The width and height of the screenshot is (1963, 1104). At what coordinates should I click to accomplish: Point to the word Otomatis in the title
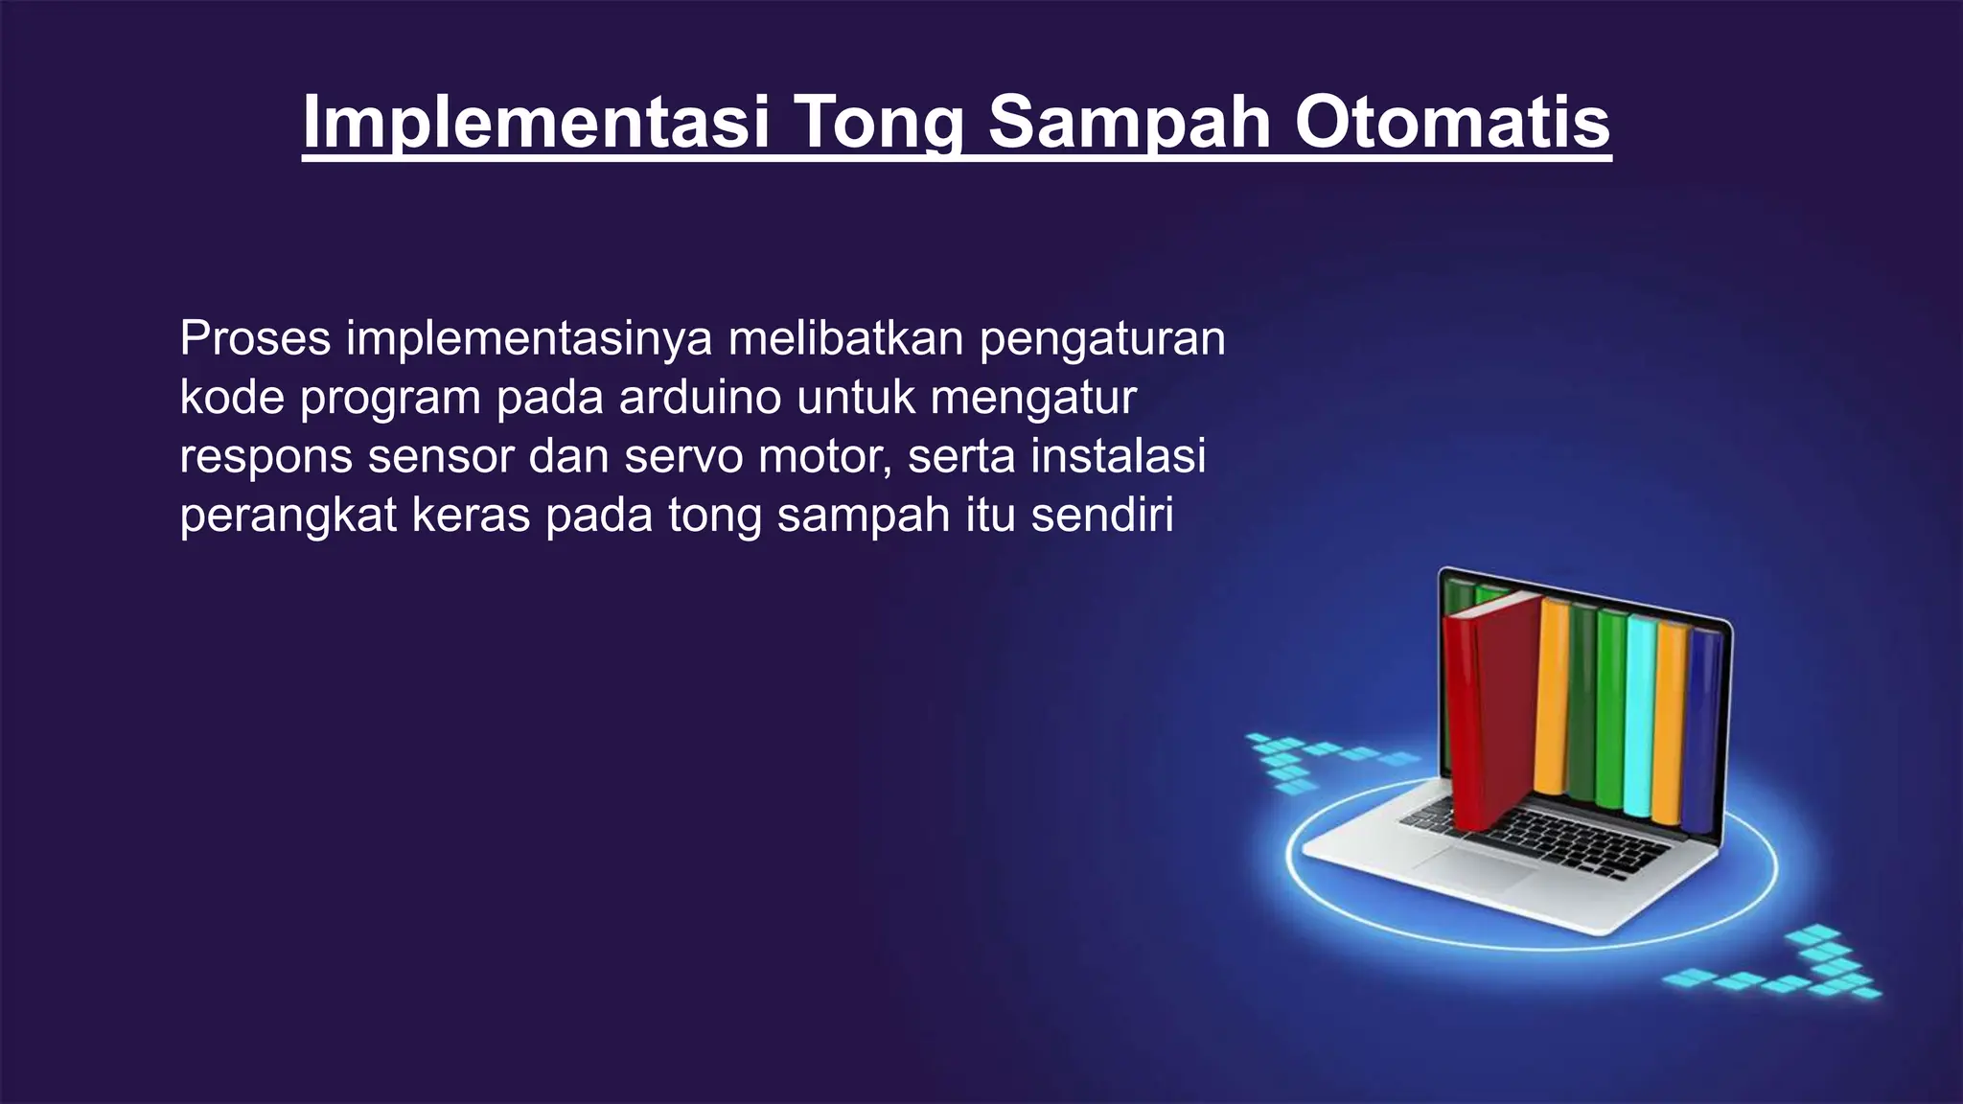[1452, 123]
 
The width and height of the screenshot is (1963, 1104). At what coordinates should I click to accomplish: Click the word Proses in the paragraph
[255, 338]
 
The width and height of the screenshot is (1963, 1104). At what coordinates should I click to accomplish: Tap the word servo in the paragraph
[683, 456]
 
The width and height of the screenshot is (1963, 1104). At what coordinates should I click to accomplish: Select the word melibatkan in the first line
[845, 338]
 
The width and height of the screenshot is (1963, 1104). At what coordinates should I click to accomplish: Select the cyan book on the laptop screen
[1640, 719]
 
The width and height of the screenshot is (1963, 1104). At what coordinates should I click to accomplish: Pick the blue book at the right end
[1701, 728]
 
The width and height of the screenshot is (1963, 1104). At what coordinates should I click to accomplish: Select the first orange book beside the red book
[1551, 700]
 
